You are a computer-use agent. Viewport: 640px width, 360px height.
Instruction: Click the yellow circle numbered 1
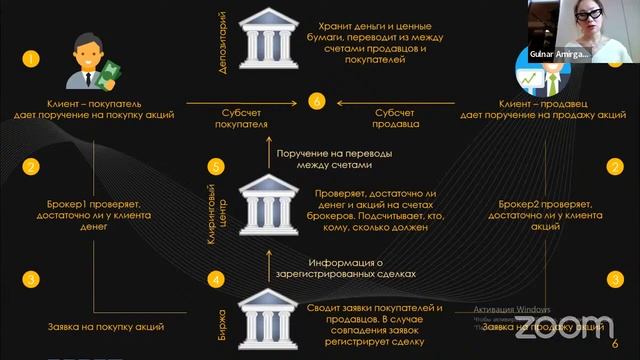31,59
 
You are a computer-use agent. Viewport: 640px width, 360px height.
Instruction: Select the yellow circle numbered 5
213,166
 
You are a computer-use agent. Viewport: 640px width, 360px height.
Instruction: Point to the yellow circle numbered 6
317,102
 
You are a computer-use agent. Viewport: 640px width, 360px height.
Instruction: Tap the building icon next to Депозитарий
267,41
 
